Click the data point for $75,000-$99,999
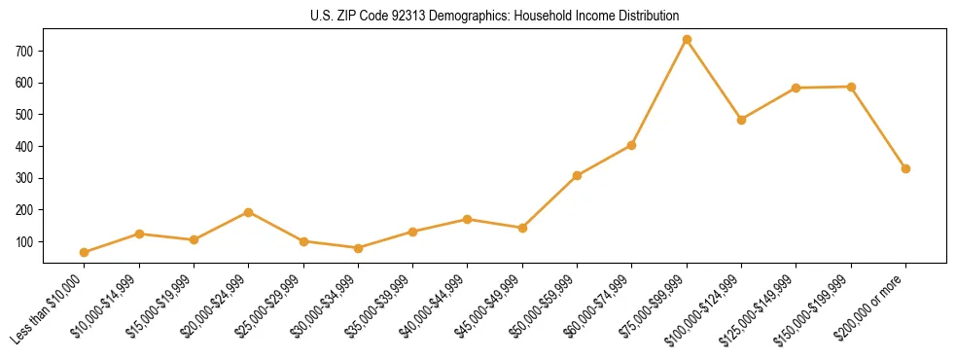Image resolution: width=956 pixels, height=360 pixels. [x=687, y=39]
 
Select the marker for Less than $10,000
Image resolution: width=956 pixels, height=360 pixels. [x=85, y=252]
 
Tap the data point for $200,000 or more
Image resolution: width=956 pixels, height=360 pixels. [x=905, y=168]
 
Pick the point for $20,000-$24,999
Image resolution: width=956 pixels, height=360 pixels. [x=249, y=212]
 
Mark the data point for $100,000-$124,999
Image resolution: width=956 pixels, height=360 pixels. [x=741, y=120]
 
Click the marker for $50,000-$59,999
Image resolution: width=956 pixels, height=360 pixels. [x=577, y=175]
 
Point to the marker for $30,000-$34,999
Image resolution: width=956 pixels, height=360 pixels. [x=358, y=248]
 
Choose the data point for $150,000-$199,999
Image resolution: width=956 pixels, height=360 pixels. [x=851, y=87]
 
